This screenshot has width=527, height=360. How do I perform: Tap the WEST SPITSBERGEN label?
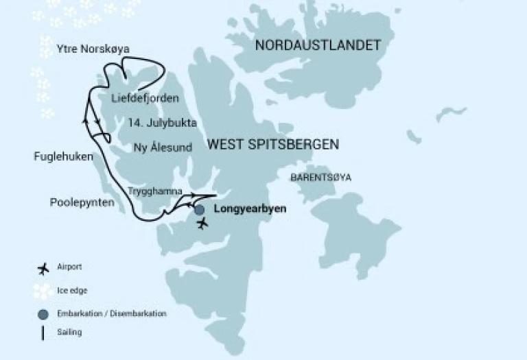[x=273, y=144]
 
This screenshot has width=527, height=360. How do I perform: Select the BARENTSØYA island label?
[x=320, y=177]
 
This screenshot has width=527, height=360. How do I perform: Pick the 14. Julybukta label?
[x=163, y=123]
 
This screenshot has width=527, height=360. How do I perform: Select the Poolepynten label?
[x=82, y=202]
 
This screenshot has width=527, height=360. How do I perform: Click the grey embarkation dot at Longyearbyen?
[x=199, y=210]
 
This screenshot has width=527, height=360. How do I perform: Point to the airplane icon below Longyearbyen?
[x=202, y=224]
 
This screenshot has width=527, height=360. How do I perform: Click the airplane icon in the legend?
[x=45, y=267]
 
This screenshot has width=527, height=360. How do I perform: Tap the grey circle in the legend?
[x=45, y=313]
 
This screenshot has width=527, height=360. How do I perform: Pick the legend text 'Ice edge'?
[x=73, y=290]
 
